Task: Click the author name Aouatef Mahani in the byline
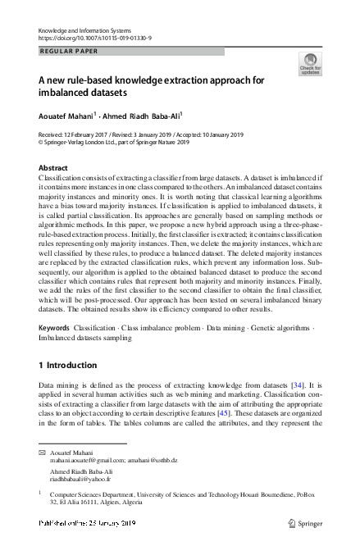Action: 70,116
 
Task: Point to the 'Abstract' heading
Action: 54,167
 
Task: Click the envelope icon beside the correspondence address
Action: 42,453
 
